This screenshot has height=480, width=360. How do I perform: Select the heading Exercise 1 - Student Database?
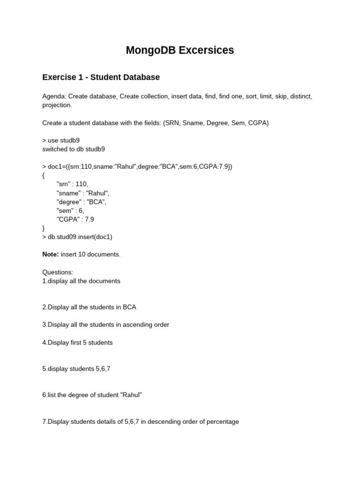[101, 77]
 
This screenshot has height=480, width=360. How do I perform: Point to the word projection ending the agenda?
[57, 105]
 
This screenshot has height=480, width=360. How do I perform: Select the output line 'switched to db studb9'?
[74, 149]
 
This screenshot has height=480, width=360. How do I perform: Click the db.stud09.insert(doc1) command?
[80, 237]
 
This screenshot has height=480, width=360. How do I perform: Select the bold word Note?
[51, 254]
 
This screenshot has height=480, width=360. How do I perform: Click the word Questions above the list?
[58, 272]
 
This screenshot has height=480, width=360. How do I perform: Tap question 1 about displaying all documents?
[81, 281]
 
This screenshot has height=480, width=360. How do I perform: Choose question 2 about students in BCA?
[89, 307]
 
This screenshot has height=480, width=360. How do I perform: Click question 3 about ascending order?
[105, 324]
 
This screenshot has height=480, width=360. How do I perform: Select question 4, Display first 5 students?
[77, 342]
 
